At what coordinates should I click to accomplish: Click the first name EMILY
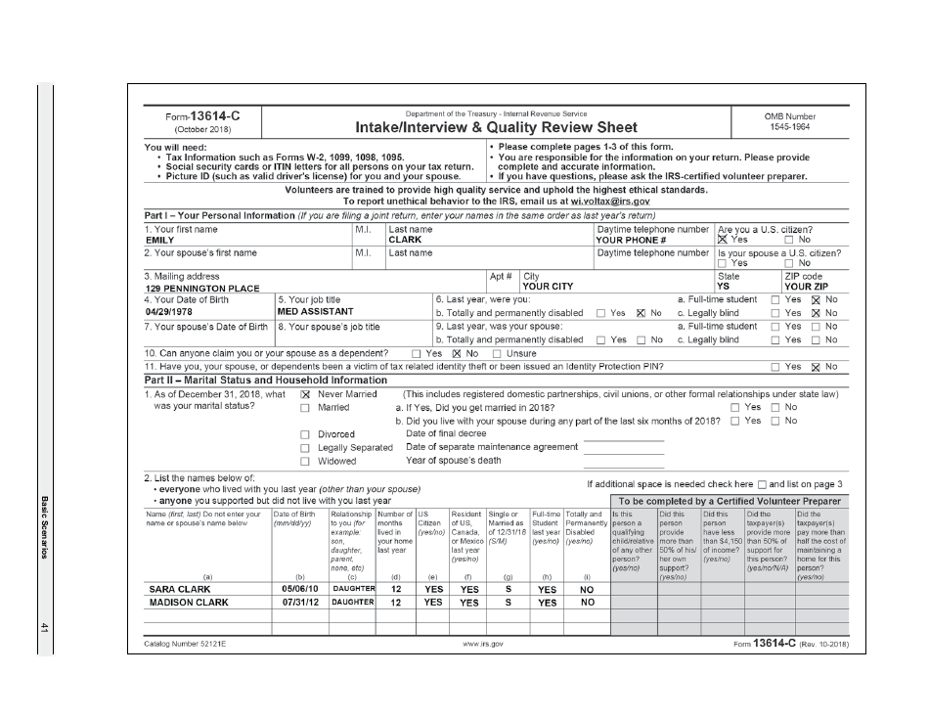coord(159,240)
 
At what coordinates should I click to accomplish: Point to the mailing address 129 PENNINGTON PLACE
coord(202,289)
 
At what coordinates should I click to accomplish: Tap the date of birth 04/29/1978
coord(169,312)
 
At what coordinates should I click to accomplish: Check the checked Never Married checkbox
coord(304,394)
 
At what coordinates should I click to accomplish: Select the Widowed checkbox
coord(304,461)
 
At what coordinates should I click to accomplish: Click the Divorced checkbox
coord(304,434)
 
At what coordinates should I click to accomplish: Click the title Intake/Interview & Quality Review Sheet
coord(497,127)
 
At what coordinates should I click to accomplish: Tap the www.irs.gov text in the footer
coord(484,645)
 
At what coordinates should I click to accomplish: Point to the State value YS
coord(723,289)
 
